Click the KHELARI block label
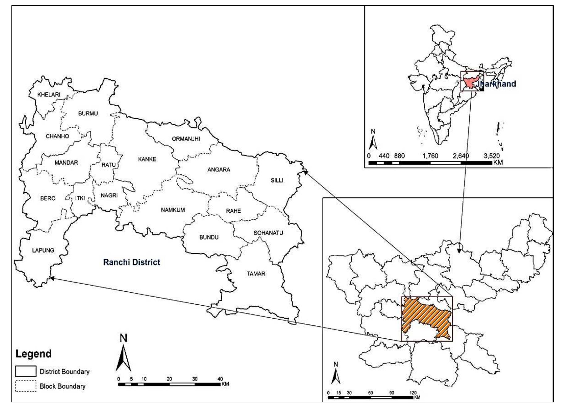point(49,95)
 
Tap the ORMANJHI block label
point(186,139)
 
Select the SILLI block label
point(277,180)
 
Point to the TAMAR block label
point(256,273)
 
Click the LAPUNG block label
point(43,250)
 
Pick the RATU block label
point(108,165)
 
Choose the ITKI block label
point(80,198)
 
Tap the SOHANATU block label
point(268,233)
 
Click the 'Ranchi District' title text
point(132,262)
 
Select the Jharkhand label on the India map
point(496,84)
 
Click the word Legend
point(33,354)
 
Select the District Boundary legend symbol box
point(26,371)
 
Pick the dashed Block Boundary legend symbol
point(26,386)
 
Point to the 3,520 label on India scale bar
point(491,156)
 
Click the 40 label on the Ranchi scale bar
point(220,379)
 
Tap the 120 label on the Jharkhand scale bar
point(413,393)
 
